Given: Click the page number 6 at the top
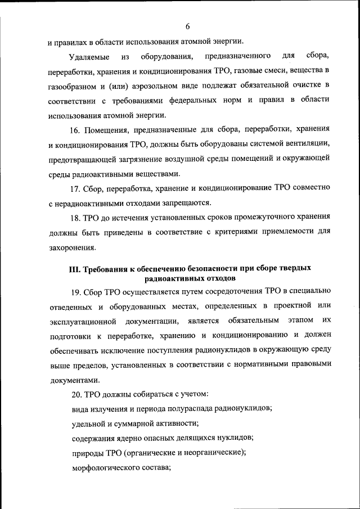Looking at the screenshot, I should pyautogui.click(x=187, y=26).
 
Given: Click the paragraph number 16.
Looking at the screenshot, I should pyautogui.click(x=76, y=130).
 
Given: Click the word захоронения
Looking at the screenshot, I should pyautogui.click(x=71, y=247).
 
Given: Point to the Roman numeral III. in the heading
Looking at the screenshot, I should pyautogui.click(x=75, y=269).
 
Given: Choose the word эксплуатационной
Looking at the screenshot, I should pyautogui.click(x=82, y=321).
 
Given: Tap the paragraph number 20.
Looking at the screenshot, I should pyautogui.click(x=76, y=394).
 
